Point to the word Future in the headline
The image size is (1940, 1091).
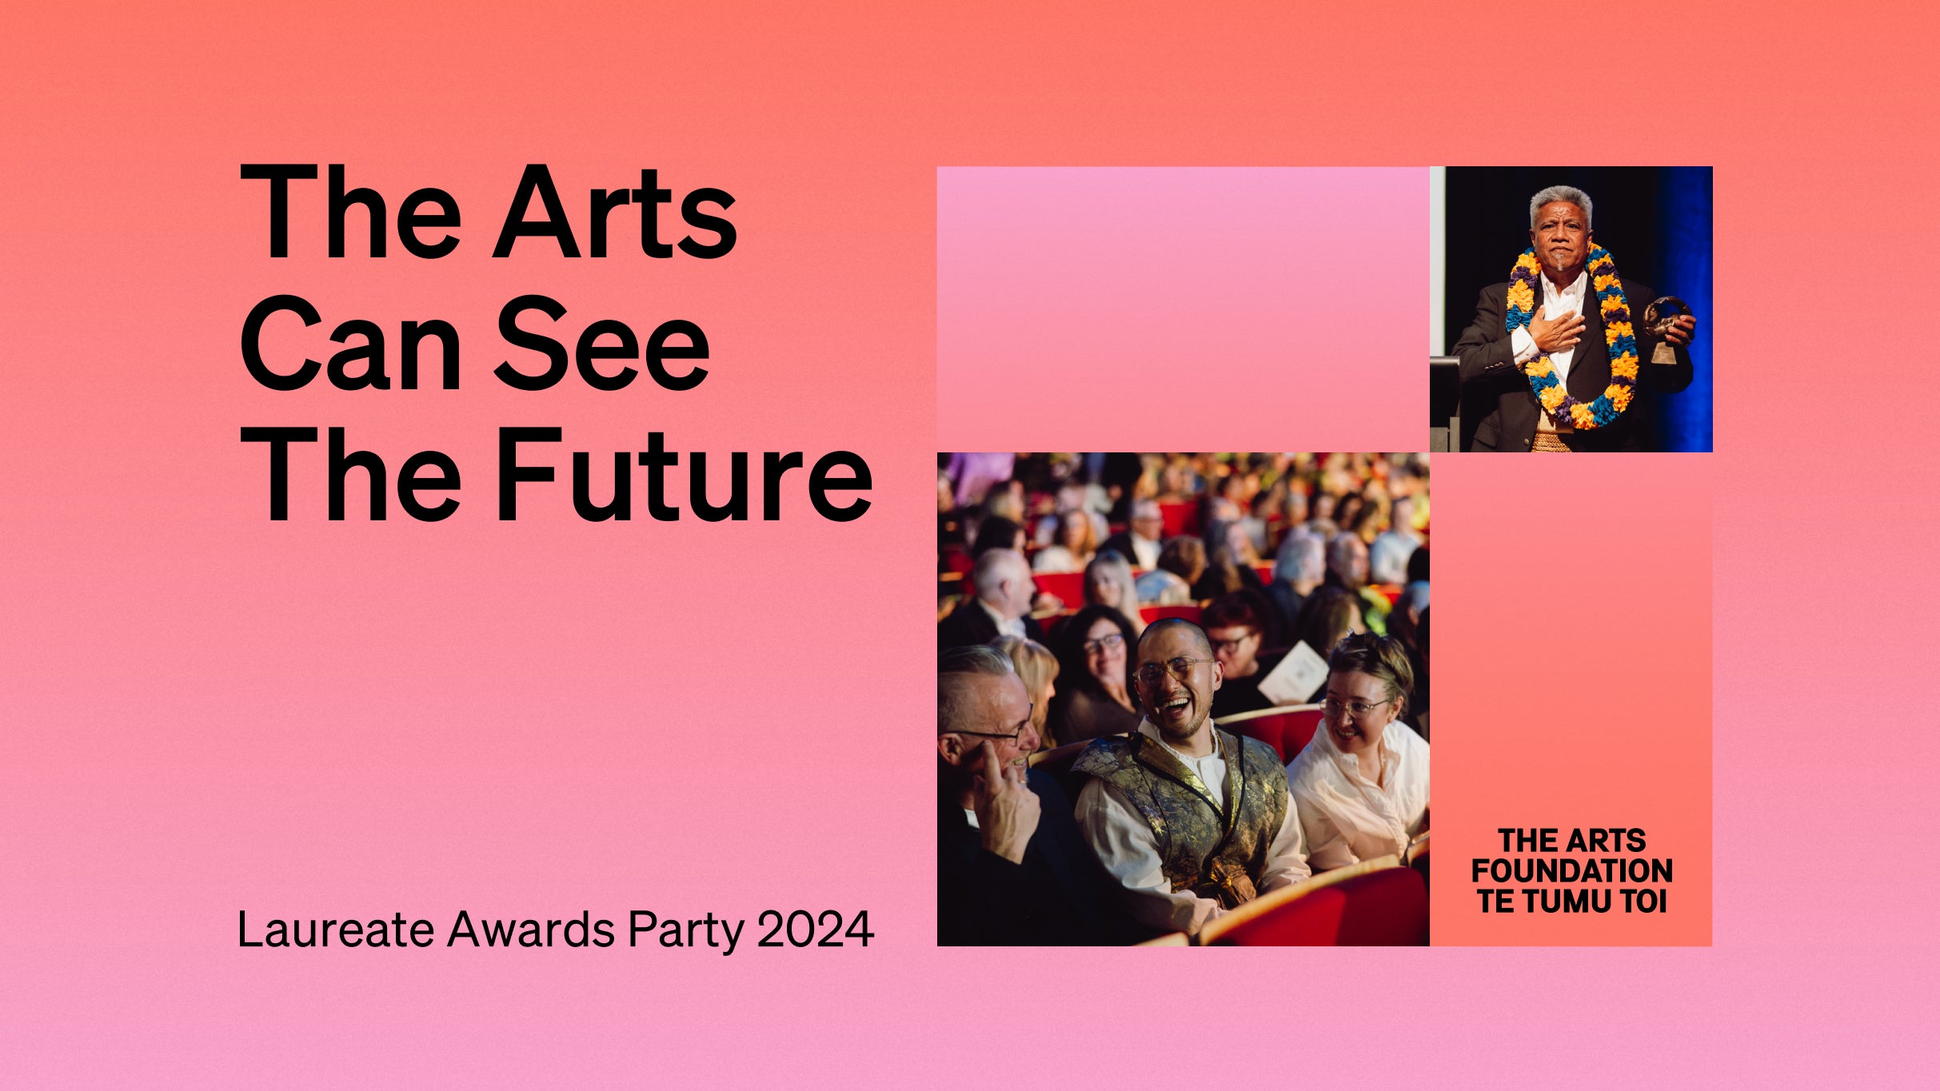pyautogui.click(x=684, y=476)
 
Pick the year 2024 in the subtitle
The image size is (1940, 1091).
pyautogui.click(x=815, y=929)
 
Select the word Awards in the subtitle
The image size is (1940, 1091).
pyautogui.click(x=531, y=929)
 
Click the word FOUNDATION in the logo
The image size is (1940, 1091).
pyautogui.click(x=1571, y=870)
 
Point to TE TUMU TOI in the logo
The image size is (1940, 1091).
pyautogui.click(x=1571, y=902)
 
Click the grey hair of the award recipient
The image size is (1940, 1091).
pyautogui.click(x=1560, y=200)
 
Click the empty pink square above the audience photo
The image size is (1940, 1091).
pyautogui.click(x=1183, y=309)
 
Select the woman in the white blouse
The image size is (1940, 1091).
pyautogui.click(x=1359, y=759)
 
